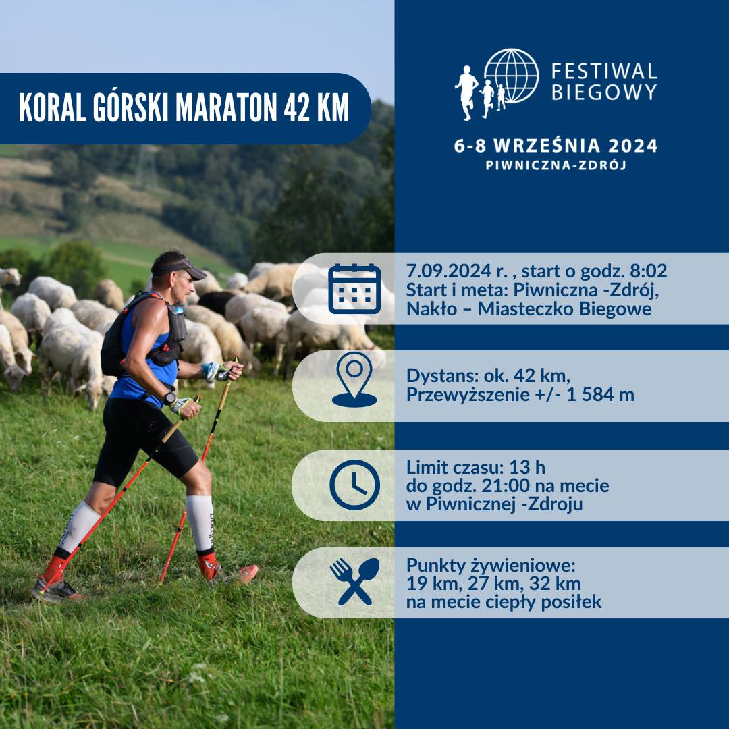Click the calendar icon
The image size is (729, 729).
354,289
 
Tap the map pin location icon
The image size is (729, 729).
354,379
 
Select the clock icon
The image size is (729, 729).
354,485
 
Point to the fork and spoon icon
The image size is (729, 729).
354,582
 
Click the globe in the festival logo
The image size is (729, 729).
511,76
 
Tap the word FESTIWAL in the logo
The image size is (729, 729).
604,72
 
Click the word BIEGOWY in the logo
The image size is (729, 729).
604,92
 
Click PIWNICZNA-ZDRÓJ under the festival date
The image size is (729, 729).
556,165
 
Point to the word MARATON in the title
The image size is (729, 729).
226,108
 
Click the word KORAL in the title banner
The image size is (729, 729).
53,108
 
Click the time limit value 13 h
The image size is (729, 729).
527,467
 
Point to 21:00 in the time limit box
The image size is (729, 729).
506,486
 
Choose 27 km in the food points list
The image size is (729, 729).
493,583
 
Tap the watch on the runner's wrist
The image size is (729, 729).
169,398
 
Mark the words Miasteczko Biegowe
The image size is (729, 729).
564,308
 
